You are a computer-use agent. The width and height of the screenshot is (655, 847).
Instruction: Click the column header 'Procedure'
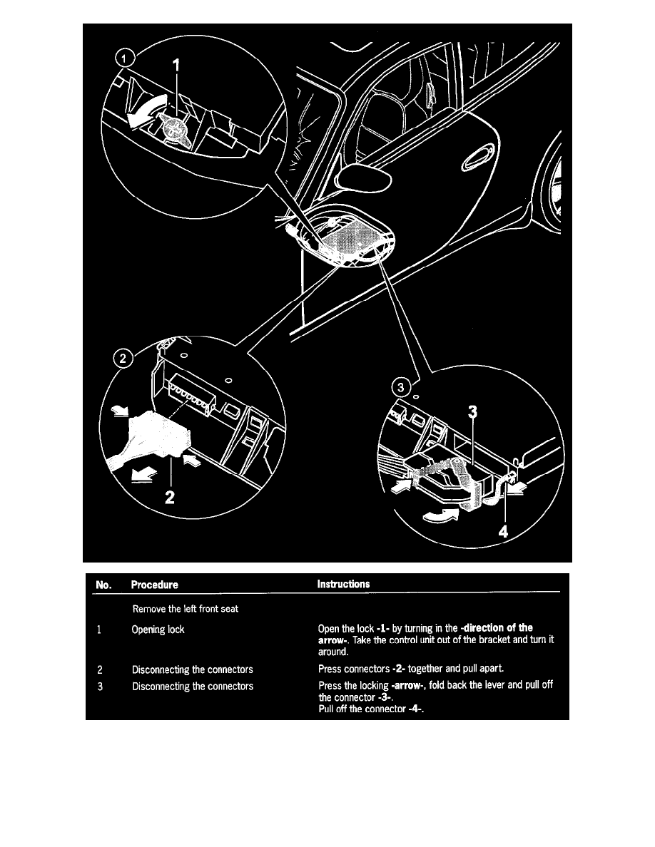[x=155, y=585]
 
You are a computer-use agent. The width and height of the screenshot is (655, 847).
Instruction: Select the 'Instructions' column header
[x=343, y=584]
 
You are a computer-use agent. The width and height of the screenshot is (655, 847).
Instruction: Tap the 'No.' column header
[x=102, y=585]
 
